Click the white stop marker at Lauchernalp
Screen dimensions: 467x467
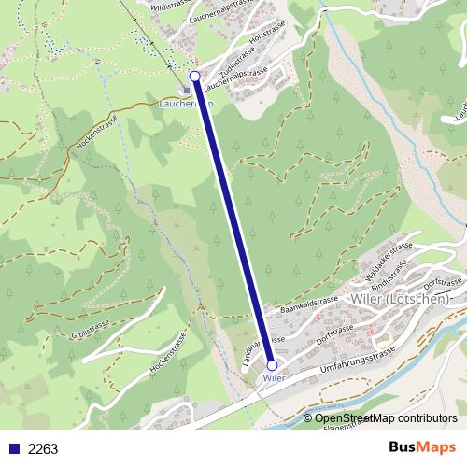(194, 77)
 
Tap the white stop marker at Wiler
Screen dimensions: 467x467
(272, 365)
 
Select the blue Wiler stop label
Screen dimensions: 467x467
(272, 378)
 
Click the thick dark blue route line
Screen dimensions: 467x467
(233, 221)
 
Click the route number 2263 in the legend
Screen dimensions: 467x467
(43, 449)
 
